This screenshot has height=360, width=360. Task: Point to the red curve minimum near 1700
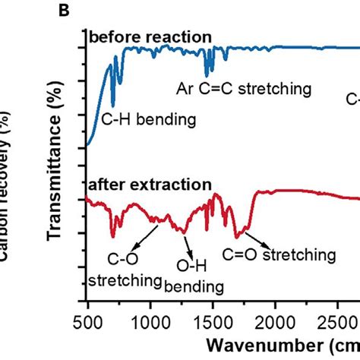pos(238,235)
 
